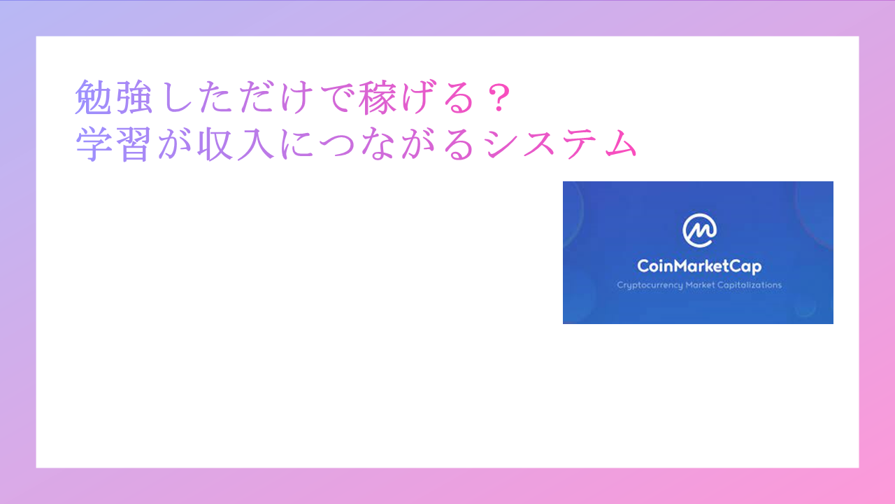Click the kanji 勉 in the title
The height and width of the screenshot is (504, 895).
(x=94, y=97)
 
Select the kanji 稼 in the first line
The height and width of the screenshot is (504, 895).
(x=377, y=97)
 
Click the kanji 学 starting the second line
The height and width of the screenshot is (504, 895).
(x=94, y=144)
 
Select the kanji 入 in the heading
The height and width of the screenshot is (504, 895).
(x=257, y=144)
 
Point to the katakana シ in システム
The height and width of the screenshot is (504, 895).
(x=499, y=144)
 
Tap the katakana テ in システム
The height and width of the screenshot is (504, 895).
(x=580, y=144)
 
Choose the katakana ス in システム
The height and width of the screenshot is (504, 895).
(x=539, y=144)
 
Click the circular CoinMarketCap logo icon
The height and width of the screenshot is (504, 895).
(x=699, y=230)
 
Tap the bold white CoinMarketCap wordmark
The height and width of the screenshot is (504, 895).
(x=699, y=267)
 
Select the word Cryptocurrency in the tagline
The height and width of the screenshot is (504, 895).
(x=650, y=285)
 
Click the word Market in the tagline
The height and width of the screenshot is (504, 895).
(x=700, y=285)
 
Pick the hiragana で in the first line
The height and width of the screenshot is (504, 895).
(x=337, y=97)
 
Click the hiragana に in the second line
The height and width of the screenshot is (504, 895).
(x=298, y=144)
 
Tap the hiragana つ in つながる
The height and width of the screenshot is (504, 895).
(x=338, y=144)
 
